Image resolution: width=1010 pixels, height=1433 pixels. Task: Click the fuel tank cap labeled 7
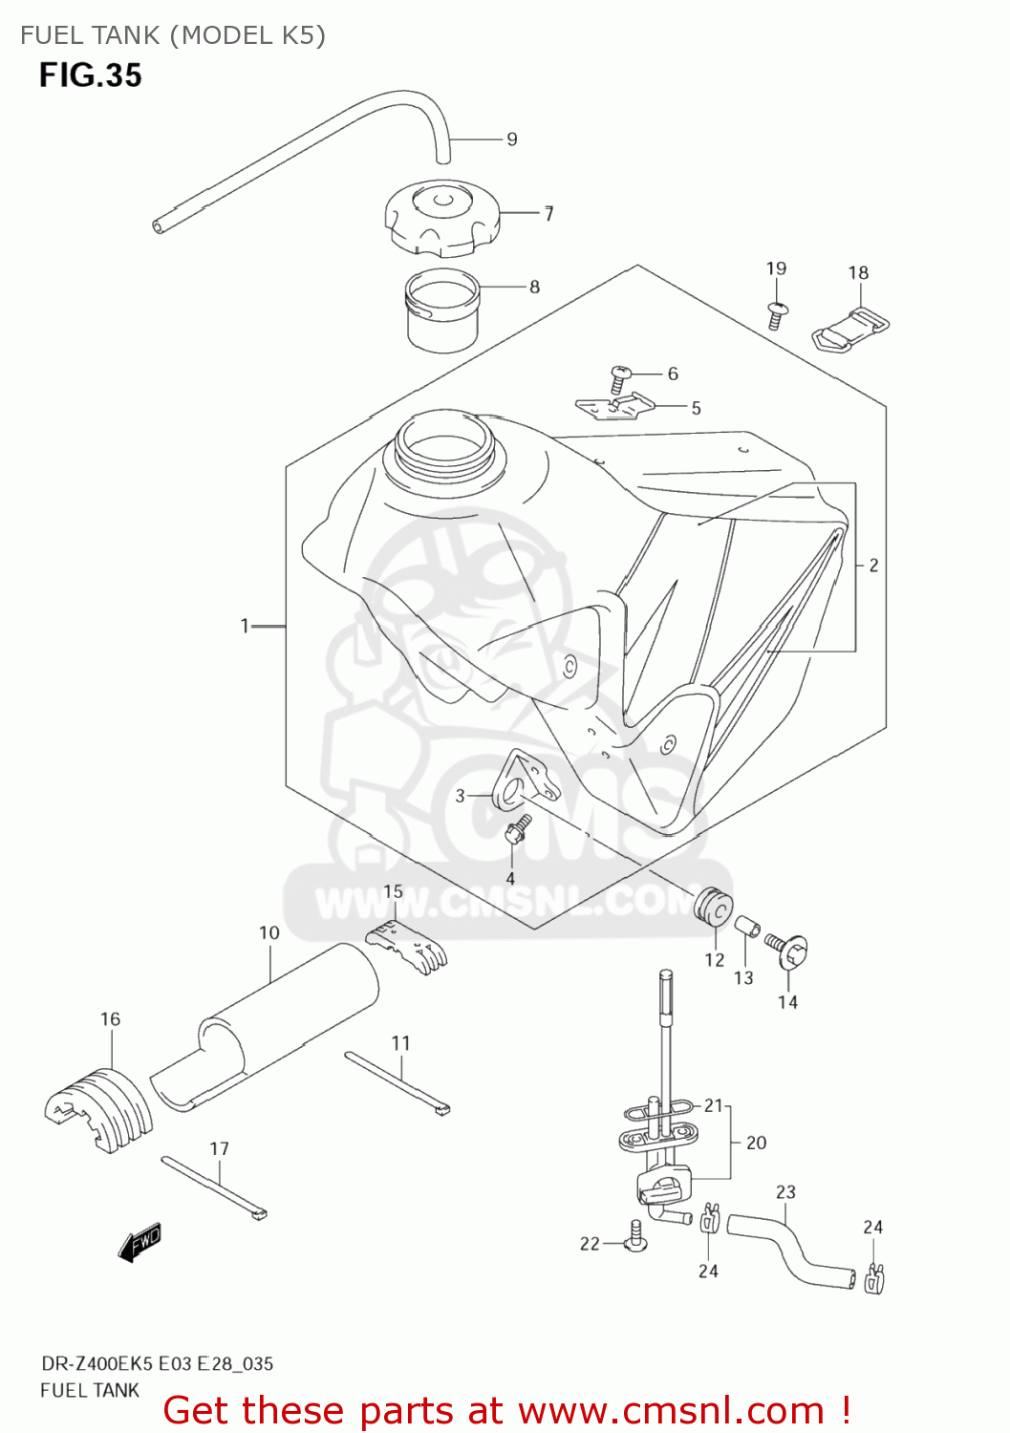(x=441, y=220)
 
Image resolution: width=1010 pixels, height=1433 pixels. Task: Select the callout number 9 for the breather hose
(x=512, y=139)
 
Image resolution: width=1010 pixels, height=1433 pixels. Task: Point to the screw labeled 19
(x=776, y=313)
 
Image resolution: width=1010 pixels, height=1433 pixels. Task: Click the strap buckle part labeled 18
(x=850, y=328)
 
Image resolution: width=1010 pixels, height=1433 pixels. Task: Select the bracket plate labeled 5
(x=615, y=407)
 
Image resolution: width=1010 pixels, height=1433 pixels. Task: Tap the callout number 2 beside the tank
(x=873, y=566)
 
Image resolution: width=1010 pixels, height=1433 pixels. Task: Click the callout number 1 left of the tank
(x=245, y=626)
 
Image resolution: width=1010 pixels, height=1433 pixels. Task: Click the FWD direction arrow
(x=140, y=1242)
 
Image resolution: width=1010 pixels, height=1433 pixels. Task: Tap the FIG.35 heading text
(x=91, y=75)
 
